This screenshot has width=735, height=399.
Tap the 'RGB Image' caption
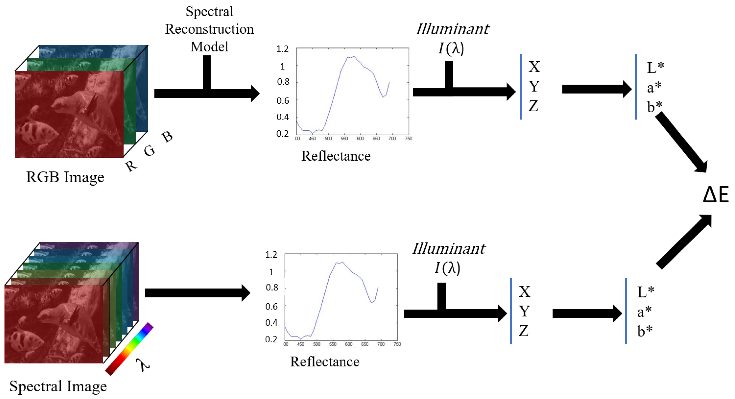(x=65, y=177)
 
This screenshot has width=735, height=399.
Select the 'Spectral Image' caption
(x=58, y=386)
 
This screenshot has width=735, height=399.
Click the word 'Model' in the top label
(x=209, y=47)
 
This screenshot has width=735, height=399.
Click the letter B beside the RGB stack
(x=167, y=137)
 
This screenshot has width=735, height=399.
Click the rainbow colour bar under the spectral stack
(x=129, y=349)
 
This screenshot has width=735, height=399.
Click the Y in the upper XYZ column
(x=534, y=86)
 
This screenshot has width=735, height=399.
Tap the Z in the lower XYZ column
(x=524, y=331)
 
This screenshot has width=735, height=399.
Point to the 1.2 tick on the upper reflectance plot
(x=283, y=49)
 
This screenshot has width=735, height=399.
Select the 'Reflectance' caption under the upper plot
(x=336, y=156)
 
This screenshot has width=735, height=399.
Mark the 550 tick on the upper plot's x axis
(x=344, y=138)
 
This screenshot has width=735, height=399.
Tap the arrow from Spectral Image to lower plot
(x=197, y=293)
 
